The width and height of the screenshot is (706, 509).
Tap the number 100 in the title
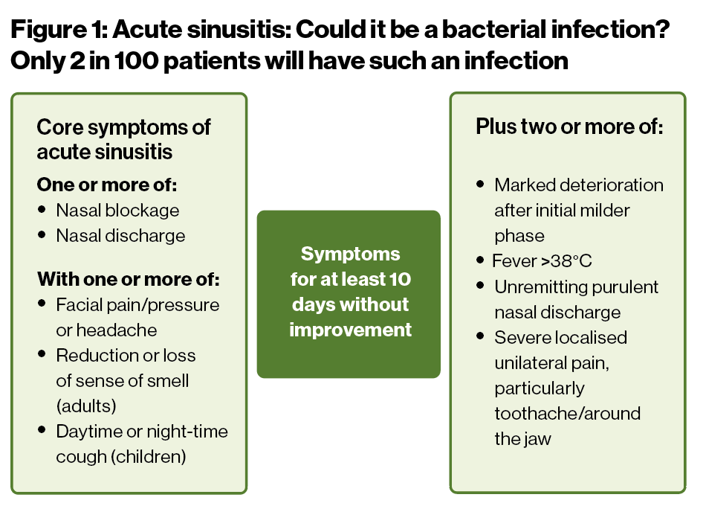coord(137,61)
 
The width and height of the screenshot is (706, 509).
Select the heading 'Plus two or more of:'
coord(569,127)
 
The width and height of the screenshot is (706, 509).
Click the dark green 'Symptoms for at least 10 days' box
coord(349,294)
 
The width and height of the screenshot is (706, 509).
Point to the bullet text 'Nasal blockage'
coord(117,211)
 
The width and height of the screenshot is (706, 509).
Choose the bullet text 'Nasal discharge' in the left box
coord(120,236)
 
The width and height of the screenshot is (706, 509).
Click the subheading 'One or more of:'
coord(107,185)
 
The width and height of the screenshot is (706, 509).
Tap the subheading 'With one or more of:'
coord(129,279)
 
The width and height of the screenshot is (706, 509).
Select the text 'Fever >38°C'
coord(542,261)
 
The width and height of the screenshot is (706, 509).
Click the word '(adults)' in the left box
coord(86,406)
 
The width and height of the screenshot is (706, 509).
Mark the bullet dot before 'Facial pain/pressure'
coord(42,303)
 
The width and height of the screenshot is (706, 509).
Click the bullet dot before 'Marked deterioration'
coord(480,184)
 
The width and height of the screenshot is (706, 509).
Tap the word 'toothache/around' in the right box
coord(567,414)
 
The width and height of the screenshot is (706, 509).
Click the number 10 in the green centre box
coord(400,279)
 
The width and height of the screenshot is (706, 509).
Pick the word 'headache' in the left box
coord(117,330)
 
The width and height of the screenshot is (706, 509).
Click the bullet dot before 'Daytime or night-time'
coord(42,429)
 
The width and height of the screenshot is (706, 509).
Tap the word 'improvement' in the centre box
coord(350,330)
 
